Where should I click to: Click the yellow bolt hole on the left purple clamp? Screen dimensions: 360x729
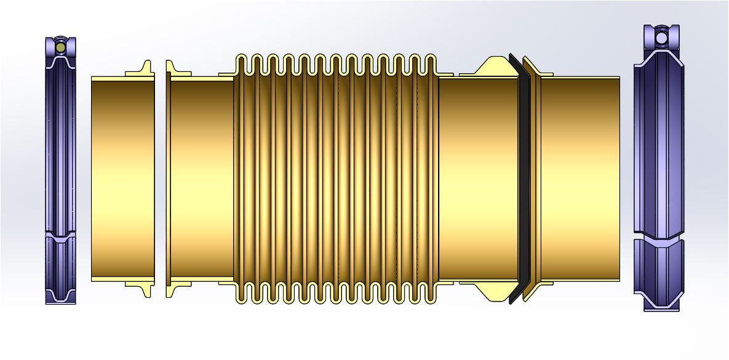pyautogui.click(x=60, y=47)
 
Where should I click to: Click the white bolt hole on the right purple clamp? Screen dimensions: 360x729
pyautogui.click(x=661, y=38)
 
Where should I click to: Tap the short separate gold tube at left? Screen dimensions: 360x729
pyautogui.click(x=122, y=178)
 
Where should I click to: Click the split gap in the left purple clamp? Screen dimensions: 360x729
pyautogui.click(x=60, y=234)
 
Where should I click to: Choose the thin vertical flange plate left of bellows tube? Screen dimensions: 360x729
pyautogui.click(x=168, y=178)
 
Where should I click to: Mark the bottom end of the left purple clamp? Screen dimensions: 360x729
pyautogui.click(x=60, y=299)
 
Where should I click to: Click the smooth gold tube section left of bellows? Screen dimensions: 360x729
pyautogui.click(x=202, y=178)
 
